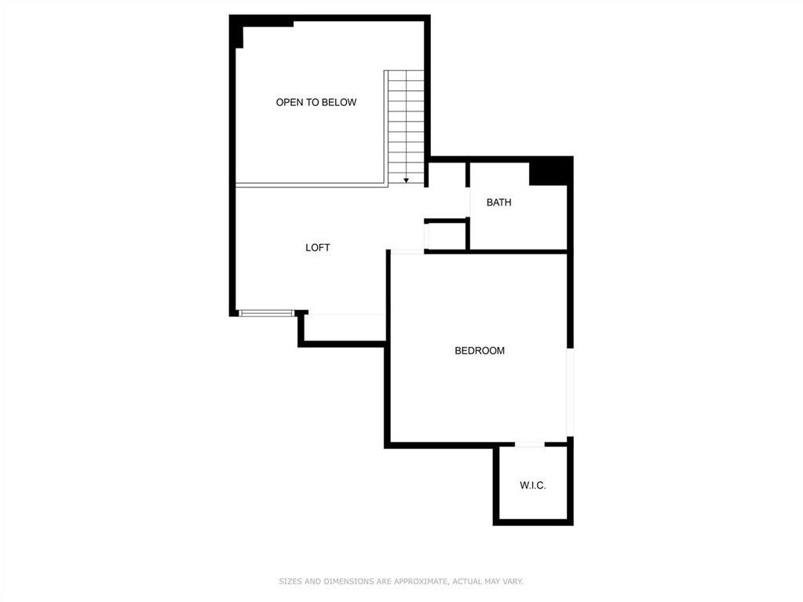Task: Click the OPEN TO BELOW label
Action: tap(316, 102)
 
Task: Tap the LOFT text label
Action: tap(318, 248)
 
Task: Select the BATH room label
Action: tap(498, 202)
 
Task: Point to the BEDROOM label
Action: tap(480, 351)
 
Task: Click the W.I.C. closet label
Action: tap(533, 485)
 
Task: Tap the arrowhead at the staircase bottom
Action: tap(406, 181)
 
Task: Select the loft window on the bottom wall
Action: tap(267, 313)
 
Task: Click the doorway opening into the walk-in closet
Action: tap(530, 444)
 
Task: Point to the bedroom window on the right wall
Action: tap(570, 392)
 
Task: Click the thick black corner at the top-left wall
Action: tap(236, 31)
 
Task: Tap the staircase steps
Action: tap(406, 127)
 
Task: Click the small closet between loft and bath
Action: tap(446, 235)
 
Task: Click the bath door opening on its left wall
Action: tap(468, 202)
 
